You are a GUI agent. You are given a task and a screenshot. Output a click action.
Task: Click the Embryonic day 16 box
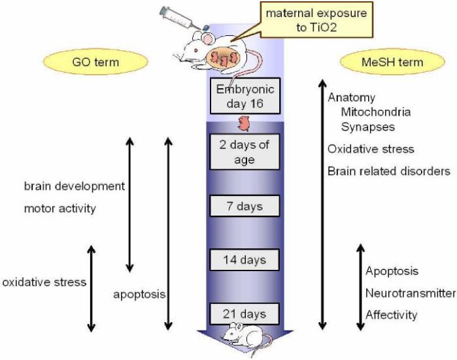coord(244,95)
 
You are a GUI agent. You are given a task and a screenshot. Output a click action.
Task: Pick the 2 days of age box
coord(244,152)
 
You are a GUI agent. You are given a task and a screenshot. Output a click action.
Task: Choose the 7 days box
coord(244,206)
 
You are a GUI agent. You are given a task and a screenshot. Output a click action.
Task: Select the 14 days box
coord(244,260)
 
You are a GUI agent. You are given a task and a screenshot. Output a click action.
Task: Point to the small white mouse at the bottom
coord(239,333)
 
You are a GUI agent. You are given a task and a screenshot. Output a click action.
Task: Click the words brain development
coord(74,186)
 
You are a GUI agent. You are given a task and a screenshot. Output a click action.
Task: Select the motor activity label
coord(60,209)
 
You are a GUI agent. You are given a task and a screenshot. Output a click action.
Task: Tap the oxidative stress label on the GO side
coord(44,283)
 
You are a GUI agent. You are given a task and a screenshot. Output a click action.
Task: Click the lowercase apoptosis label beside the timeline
coord(138,295)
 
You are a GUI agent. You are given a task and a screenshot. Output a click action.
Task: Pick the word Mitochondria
coord(376,112)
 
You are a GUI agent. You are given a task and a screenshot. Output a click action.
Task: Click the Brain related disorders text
coord(388,172)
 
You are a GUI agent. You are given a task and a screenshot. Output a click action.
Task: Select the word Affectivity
coord(391,315)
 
